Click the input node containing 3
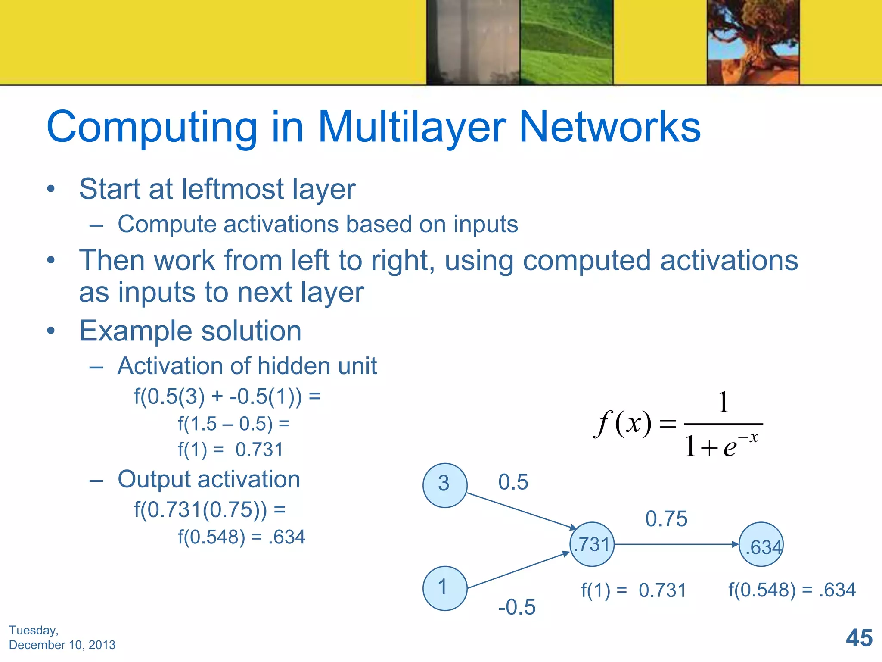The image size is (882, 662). click(445, 485)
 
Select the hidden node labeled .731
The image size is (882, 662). click(592, 544)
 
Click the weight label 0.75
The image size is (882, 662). click(666, 518)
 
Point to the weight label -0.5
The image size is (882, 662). click(516, 607)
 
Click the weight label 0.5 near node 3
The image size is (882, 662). click(513, 482)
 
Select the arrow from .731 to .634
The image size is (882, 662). click(676, 544)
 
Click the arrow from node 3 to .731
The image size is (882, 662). click(521, 511)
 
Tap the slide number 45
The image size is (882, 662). click(859, 638)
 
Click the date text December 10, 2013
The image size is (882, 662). click(62, 645)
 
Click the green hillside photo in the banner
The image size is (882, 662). click(566, 42)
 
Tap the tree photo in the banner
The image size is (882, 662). click(753, 42)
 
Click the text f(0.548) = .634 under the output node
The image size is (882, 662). click(792, 590)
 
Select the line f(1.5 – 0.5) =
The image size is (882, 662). click(233, 424)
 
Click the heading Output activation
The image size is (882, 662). click(209, 479)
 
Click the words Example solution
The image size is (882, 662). click(190, 331)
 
